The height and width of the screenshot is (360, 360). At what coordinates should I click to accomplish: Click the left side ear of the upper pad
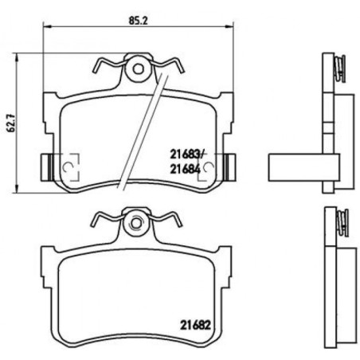click(45, 166)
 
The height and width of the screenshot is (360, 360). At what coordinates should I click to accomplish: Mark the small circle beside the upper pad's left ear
click(68, 166)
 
